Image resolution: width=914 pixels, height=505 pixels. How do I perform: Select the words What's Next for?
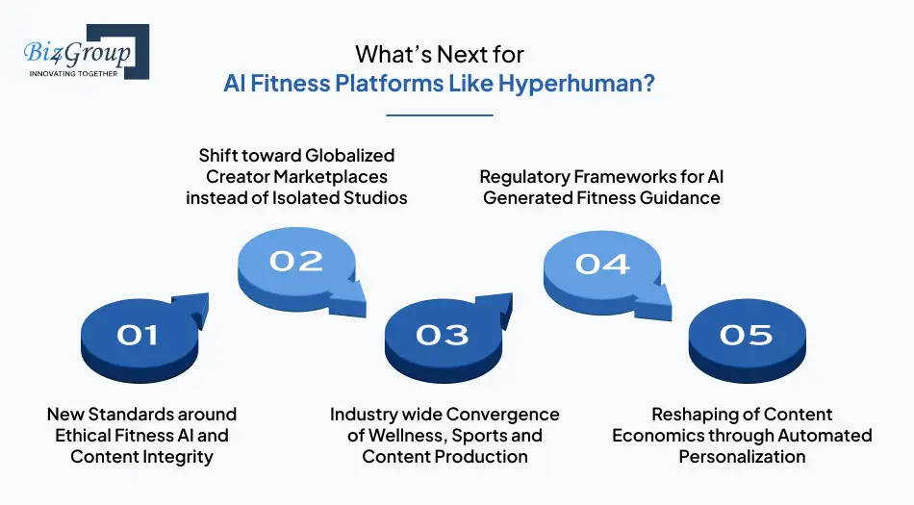[x=440, y=53]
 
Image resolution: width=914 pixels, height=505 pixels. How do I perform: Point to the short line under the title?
[x=440, y=115]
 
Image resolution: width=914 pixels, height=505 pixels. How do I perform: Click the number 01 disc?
[x=137, y=334]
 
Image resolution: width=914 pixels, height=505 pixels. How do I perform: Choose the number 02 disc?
[x=295, y=262]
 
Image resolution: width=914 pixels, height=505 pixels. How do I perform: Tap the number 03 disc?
[x=442, y=334]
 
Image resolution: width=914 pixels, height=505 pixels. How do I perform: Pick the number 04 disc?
[x=601, y=263]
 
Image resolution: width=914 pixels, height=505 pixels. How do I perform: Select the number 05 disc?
[x=746, y=334]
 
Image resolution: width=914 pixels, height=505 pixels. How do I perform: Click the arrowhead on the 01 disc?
[x=195, y=307]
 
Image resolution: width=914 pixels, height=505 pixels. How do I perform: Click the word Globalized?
[x=349, y=155]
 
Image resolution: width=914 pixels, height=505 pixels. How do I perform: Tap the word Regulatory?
[x=528, y=177]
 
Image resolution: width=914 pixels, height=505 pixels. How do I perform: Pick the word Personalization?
[x=742, y=456]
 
